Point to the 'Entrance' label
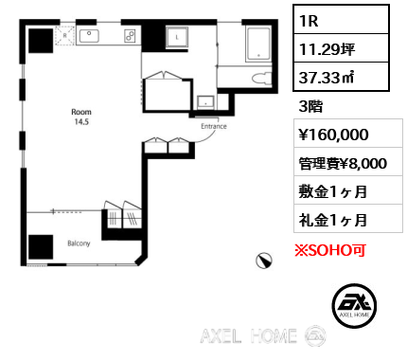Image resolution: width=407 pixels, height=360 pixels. click(214, 124)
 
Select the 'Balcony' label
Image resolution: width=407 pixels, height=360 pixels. click(79, 243)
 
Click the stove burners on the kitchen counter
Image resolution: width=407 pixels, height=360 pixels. click(130, 36)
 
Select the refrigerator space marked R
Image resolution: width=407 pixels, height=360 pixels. click(64, 36)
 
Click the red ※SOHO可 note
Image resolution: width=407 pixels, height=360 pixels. click(329, 250)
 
